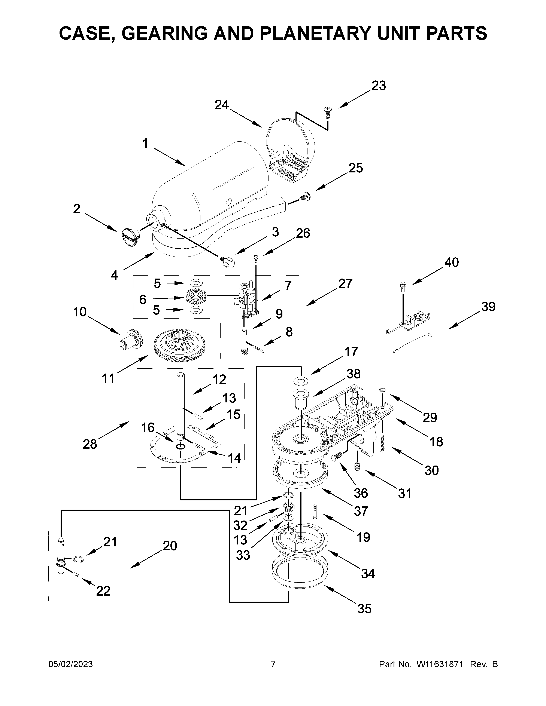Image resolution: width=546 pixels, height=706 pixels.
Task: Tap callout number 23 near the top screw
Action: click(378, 86)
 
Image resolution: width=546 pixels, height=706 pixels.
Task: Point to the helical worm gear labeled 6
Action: click(196, 296)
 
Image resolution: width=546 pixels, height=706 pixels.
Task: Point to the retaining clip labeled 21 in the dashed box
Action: click(78, 559)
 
